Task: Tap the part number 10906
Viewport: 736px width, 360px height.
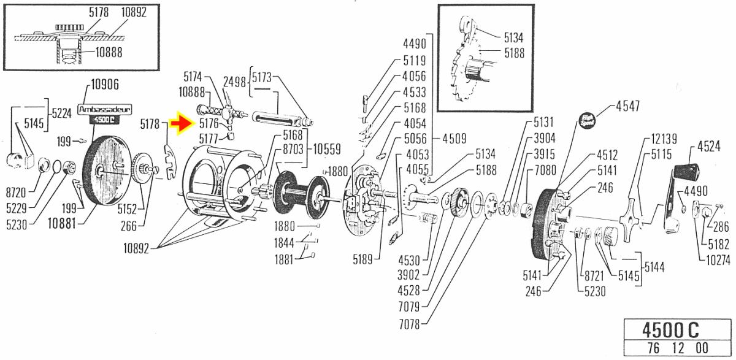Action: point(105,86)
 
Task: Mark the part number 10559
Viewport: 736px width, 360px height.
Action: point(327,148)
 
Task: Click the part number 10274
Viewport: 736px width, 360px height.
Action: point(718,260)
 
